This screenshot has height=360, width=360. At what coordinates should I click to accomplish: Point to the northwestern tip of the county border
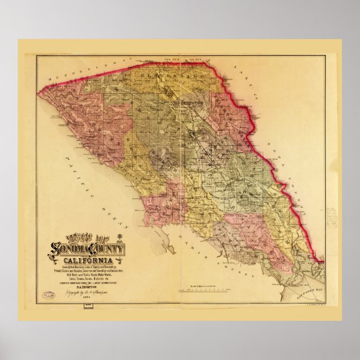click(39, 90)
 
